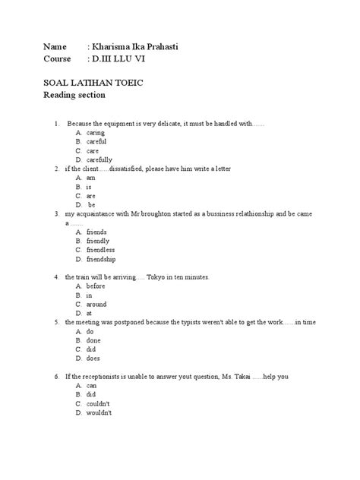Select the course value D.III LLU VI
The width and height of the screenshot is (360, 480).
click(x=123, y=59)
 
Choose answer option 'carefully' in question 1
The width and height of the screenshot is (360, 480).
click(x=99, y=159)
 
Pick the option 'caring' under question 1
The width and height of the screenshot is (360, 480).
click(x=96, y=132)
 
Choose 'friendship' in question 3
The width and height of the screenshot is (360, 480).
click(x=102, y=259)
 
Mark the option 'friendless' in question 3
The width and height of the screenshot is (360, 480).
click(x=100, y=250)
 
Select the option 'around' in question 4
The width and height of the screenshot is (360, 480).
click(x=96, y=304)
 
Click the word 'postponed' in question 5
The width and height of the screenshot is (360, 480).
click(x=137, y=322)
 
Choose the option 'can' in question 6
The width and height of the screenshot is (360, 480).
click(x=92, y=385)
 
